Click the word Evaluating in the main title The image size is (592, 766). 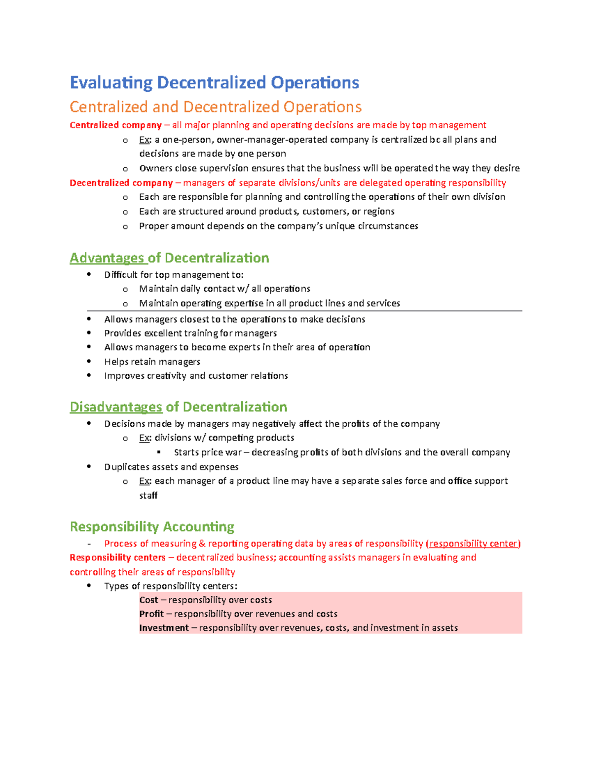coord(111,82)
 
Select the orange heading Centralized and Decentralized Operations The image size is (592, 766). coord(216,107)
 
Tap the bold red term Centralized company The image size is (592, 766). coord(115,125)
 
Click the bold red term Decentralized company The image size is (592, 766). coord(121,183)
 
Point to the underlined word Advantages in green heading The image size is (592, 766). coord(107,258)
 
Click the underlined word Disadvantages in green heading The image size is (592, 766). coord(116,407)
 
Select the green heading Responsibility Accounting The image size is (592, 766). coord(152,527)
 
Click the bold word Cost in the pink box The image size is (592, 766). coord(148,600)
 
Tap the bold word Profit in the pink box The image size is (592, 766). coord(151,614)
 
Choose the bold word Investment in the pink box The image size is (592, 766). coord(164,628)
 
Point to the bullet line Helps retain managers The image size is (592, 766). coord(152,362)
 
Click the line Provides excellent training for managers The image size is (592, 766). coord(190,333)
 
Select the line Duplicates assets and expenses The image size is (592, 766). coord(171,467)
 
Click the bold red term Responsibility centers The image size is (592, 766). coord(117,558)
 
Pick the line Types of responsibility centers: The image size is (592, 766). coord(171,586)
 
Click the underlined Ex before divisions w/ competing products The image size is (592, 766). coord(145,438)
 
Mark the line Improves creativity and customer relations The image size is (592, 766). coord(196,376)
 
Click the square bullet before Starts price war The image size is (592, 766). coord(159,452)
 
